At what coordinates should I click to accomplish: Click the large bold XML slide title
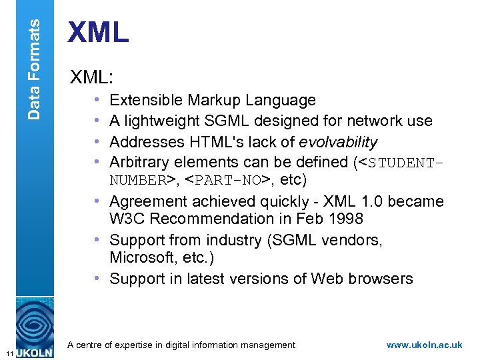pos(99,33)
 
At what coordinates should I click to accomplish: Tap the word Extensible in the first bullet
pos(145,101)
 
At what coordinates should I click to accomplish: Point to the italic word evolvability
pos(338,142)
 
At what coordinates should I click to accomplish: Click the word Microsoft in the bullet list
pos(141,257)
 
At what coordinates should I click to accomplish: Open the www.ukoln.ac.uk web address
pos(424,345)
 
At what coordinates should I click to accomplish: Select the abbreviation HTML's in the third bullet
pos(211,142)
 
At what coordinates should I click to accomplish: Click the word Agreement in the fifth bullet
pos(145,201)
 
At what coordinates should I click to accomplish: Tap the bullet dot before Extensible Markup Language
pos(97,101)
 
